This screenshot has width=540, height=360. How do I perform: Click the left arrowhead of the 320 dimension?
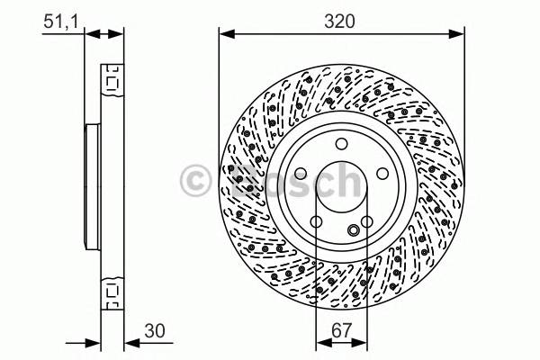click(226, 34)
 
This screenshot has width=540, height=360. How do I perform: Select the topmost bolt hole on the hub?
click(341, 145)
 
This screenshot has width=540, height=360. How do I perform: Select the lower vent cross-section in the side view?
click(112, 291)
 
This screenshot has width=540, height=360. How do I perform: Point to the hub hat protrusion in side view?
click(90, 186)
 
